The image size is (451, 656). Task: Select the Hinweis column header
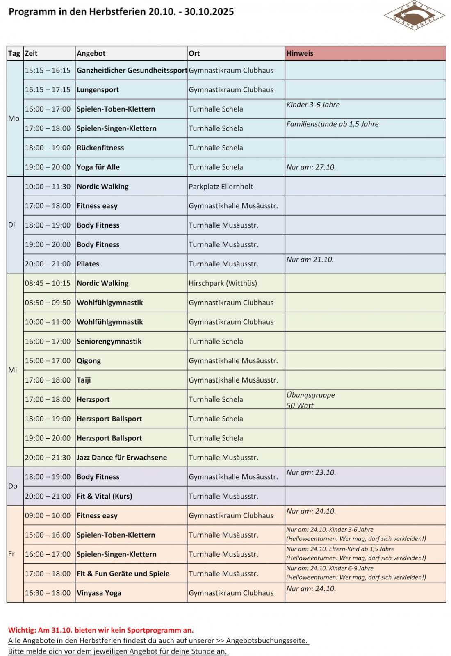point(300,53)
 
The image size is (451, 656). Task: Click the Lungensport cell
point(98,90)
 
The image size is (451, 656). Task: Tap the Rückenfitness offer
point(100,148)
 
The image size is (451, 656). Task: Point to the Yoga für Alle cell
point(98,167)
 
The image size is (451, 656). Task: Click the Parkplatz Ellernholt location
point(221,187)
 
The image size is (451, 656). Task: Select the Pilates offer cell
point(88,264)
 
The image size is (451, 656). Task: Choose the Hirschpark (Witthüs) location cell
point(223,283)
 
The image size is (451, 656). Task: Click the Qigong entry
point(89,361)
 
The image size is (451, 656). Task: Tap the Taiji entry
point(84,380)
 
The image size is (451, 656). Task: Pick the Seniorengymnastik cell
point(109,342)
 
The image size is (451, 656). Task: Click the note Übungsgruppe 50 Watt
point(310,400)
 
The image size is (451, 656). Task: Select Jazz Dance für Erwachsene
point(122,458)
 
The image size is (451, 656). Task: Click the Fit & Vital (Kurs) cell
point(105,496)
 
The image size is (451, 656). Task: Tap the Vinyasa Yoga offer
point(99,593)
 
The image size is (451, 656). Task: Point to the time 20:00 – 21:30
point(48,458)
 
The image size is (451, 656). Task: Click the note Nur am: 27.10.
point(311,167)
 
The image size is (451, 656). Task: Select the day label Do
point(13,486)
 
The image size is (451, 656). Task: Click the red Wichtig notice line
point(101,630)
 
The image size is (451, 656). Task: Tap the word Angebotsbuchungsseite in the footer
point(266,640)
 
